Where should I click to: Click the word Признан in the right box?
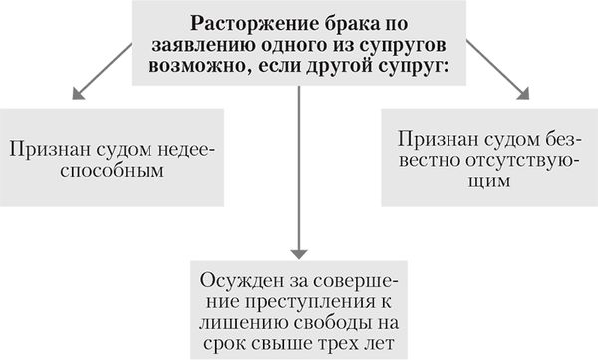coord(436,139)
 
